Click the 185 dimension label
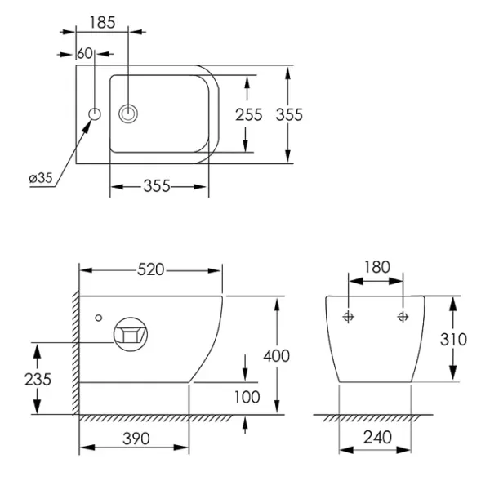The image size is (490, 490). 103,23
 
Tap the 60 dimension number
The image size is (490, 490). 85,53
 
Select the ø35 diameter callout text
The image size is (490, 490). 41,178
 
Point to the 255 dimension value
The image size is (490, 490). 249,114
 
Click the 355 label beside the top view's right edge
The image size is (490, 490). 289,114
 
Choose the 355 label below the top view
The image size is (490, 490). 157,186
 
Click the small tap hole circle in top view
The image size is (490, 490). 95,114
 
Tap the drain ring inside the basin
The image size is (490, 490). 128,114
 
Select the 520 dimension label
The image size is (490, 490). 150,269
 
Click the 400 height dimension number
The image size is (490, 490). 277,356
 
